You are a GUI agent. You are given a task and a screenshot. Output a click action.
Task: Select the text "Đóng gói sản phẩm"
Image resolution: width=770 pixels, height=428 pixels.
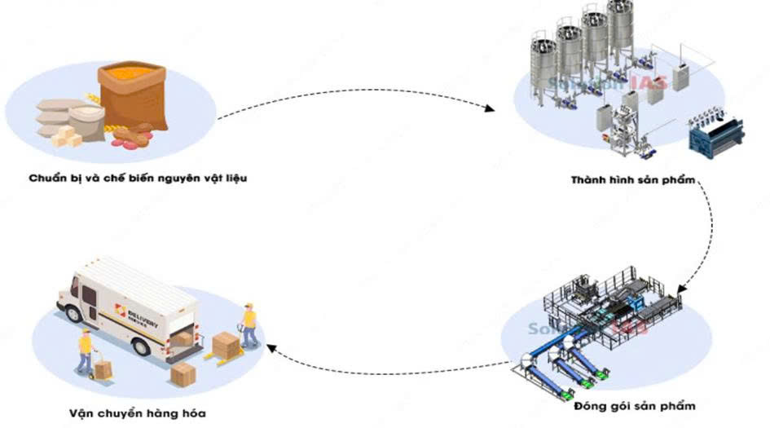coord(635,405)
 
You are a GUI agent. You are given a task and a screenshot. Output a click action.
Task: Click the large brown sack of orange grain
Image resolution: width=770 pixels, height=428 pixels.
coord(134,95)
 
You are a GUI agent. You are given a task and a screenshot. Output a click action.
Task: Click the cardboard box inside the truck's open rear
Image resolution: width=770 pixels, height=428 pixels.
coord(185,337)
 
